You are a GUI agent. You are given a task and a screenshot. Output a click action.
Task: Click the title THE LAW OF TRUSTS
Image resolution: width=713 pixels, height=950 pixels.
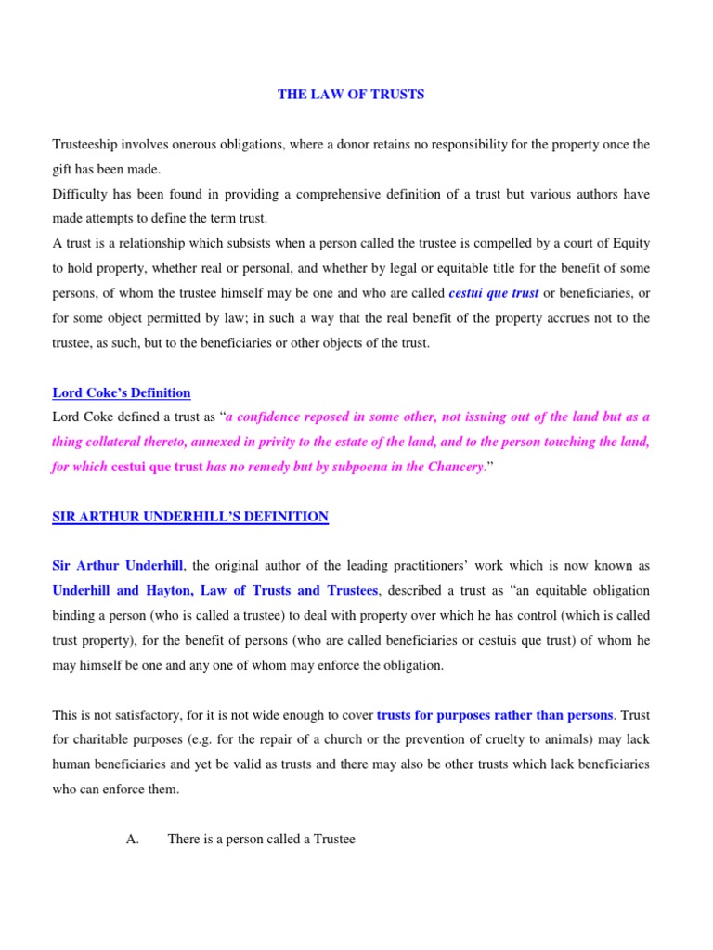pyautogui.click(x=351, y=96)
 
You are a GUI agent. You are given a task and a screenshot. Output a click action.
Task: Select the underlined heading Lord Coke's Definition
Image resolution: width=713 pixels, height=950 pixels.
pyautogui.click(x=121, y=392)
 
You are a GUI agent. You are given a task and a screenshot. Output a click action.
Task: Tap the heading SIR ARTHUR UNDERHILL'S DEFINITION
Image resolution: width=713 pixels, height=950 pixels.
pyautogui.click(x=190, y=517)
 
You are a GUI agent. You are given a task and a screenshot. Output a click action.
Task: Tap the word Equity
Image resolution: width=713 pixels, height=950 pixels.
pyautogui.click(x=629, y=244)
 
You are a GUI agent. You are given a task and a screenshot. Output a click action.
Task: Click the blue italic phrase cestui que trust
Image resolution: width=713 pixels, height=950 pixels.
pyautogui.click(x=494, y=293)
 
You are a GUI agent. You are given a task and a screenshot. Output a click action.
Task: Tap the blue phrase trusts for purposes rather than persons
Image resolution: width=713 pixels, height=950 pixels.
pyautogui.click(x=495, y=714)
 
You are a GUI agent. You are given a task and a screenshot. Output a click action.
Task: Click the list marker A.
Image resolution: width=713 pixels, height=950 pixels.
pyautogui.click(x=131, y=839)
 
